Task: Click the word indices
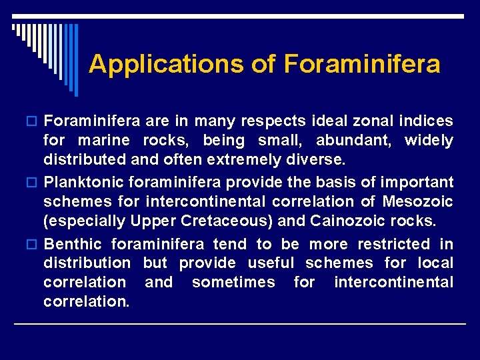[x=427, y=121]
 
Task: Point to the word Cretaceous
[x=213, y=221]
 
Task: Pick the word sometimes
[x=233, y=283]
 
